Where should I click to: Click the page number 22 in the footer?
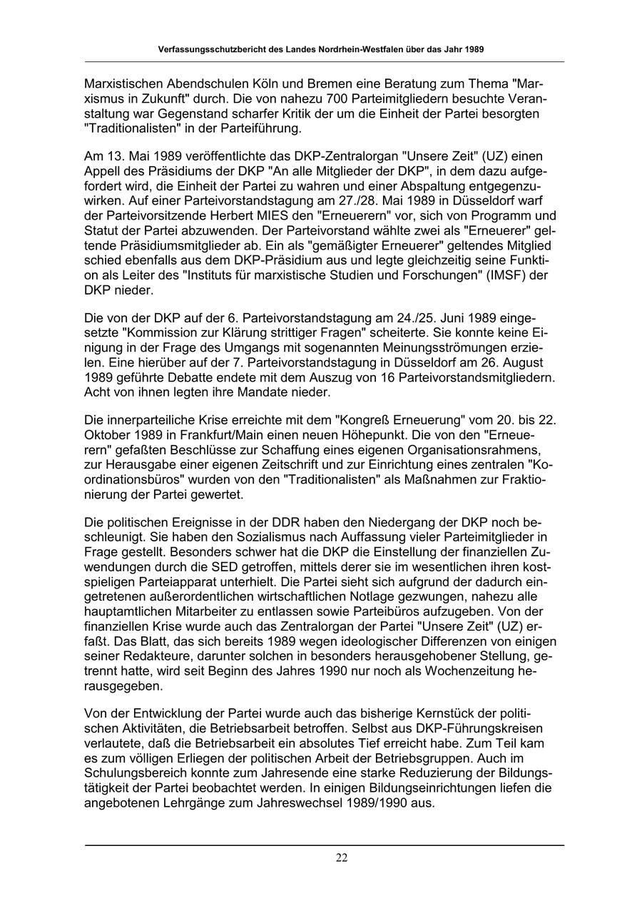tap(342, 858)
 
